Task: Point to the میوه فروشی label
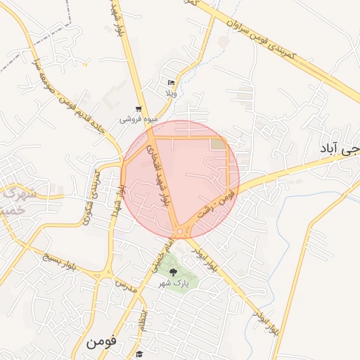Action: (x=134, y=119)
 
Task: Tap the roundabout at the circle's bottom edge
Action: (x=184, y=231)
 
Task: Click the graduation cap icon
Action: (x=139, y=354)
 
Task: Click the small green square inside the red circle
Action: (x=219, y=144)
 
